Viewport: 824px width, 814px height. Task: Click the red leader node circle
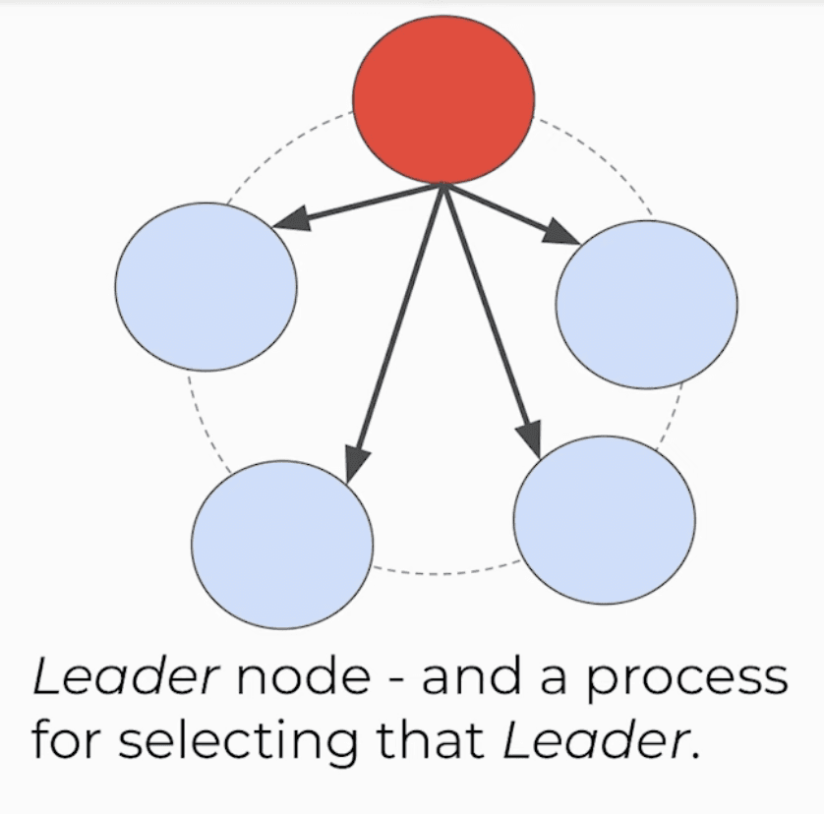pos(443,98)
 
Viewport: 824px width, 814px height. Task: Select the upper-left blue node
pos(206,286)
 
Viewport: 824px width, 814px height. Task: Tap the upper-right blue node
pos(646,304)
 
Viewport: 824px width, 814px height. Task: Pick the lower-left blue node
pos(282,544)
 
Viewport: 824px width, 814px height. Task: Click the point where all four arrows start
pos(444,185)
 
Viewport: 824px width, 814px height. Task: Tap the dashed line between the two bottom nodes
pos(442,571)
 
